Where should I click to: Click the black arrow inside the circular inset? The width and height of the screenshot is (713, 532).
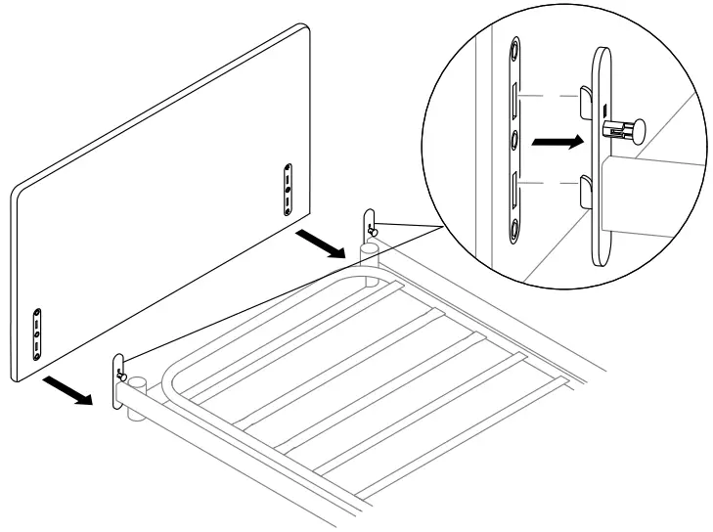(x=553, y=142)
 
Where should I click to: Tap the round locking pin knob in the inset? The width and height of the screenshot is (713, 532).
(x=640, y=129)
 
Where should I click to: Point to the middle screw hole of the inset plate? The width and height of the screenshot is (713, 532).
(x=514, y=139)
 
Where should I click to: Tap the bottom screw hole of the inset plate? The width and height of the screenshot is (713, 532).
(x=514, y=231)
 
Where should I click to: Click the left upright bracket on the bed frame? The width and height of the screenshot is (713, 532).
(x=120, y=373)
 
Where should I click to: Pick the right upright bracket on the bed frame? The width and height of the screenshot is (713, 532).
(x=371, y=225)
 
